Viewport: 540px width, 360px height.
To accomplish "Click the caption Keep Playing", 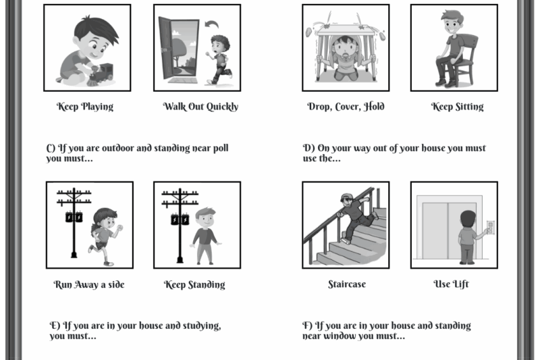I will coord(84,107).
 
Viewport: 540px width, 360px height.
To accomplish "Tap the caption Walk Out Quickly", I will coord(200,107).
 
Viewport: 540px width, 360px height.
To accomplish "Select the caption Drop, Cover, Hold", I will coord(346,107).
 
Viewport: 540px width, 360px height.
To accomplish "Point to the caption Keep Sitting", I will coord(457,107).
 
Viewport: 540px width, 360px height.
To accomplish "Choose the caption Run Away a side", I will coord(89,285).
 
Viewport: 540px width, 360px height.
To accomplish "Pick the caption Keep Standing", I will coord(194,285).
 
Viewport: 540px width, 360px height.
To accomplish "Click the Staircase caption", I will coord(346,284).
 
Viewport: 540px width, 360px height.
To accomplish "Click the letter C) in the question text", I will coord(51,148).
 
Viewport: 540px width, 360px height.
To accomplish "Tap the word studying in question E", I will coord(200,326).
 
